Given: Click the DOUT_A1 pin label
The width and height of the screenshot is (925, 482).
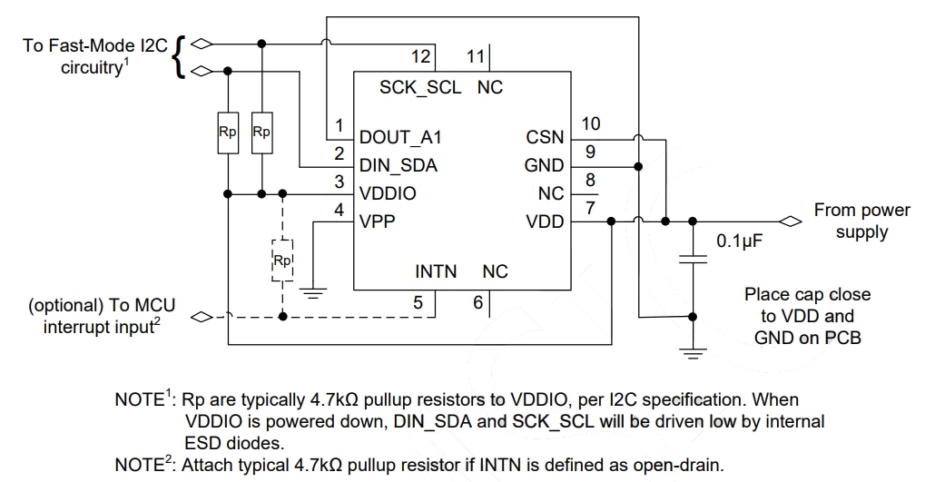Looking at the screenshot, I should (x=399, y=138).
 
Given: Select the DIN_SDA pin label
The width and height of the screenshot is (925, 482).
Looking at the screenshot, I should (x=399, y=166).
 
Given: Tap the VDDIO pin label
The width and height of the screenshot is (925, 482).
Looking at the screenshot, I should (x=389, y=194).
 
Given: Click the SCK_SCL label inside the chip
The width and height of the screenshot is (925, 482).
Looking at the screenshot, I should (x=419, y=88).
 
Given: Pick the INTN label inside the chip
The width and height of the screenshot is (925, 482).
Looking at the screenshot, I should (x=436, y=271).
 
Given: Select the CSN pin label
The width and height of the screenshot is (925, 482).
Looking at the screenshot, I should (x=545, y=138).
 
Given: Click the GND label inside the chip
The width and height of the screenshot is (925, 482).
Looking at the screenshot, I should (x=544, y=166).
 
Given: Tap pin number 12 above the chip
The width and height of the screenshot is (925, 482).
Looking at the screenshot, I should (x=420, y=56).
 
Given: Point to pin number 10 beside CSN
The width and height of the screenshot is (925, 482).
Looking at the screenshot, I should (x=591, y=123).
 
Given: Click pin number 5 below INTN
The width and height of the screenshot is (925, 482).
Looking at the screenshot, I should (x=418, y=302).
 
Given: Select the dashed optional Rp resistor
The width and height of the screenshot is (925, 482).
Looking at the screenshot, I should (x=282, y=261).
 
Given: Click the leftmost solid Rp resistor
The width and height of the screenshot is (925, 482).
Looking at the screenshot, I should (x=227, y=133).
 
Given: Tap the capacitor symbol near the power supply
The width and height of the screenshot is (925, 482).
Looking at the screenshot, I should (x=694, y=260).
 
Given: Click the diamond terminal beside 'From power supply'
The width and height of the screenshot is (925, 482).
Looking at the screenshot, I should (x=791, y=221).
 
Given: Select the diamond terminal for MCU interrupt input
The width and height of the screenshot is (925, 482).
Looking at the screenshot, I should (x=202, y=317).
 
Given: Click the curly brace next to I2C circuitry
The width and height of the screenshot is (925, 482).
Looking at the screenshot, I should (x=181, y=56).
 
